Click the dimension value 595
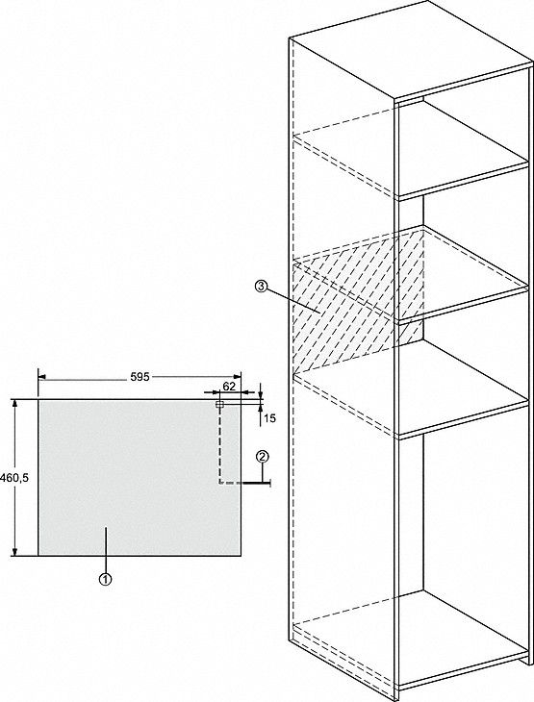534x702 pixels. (x=140, y=377)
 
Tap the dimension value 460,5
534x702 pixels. (x=14, y=478)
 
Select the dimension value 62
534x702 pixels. (x=229, y=387)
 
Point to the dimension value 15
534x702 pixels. (x=269, y=418)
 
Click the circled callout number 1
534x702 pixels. (x=105, y=579)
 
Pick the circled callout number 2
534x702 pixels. (x=263, y=457)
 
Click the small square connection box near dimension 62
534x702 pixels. (x=219, y=404)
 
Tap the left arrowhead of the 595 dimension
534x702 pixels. (x=41, y=377)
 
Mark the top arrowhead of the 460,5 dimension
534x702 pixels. (x=15, y=403)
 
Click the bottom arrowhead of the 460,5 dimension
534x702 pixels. (x=15, y=552)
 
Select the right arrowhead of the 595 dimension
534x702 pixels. (x=238, y=377)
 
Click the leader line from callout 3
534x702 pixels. (x=292, y=300)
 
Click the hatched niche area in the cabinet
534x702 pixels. (x=354, y=305)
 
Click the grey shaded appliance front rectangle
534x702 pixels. (x=140, y=477)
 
